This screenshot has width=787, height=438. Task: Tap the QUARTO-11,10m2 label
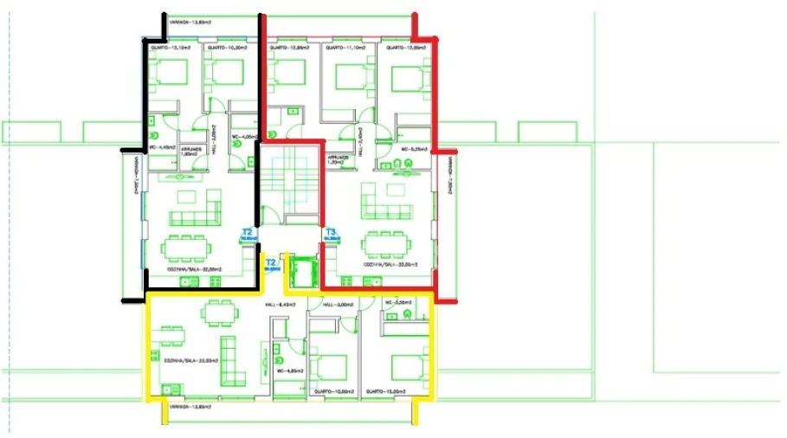343,48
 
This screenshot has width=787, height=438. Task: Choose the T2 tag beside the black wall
247,232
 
